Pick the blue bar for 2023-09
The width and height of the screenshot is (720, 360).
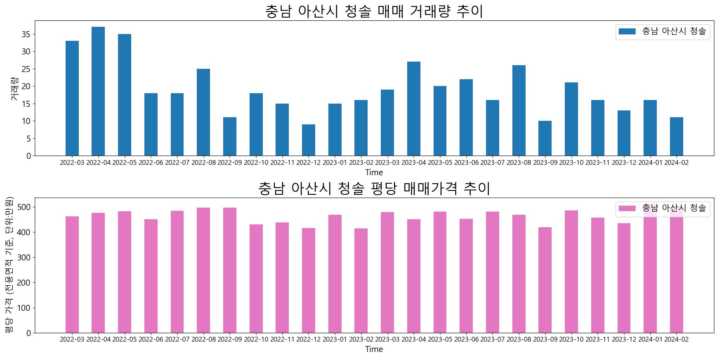545,138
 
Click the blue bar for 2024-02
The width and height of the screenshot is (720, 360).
676,136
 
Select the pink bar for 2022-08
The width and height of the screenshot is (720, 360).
203,270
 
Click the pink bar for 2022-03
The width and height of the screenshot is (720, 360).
72,274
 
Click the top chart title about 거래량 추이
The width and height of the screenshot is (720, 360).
374,11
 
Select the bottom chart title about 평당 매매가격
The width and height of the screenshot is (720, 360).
374,188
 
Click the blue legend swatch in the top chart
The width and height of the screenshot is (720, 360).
627,32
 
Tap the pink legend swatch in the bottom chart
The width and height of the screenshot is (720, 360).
627,208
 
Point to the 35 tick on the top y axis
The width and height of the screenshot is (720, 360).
26,34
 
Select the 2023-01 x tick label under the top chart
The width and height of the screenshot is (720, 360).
335,162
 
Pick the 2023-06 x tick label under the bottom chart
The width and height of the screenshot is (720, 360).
466,339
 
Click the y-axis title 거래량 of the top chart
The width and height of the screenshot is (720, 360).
14,88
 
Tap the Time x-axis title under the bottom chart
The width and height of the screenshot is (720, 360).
374,349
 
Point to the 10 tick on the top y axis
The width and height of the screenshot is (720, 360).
26,121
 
